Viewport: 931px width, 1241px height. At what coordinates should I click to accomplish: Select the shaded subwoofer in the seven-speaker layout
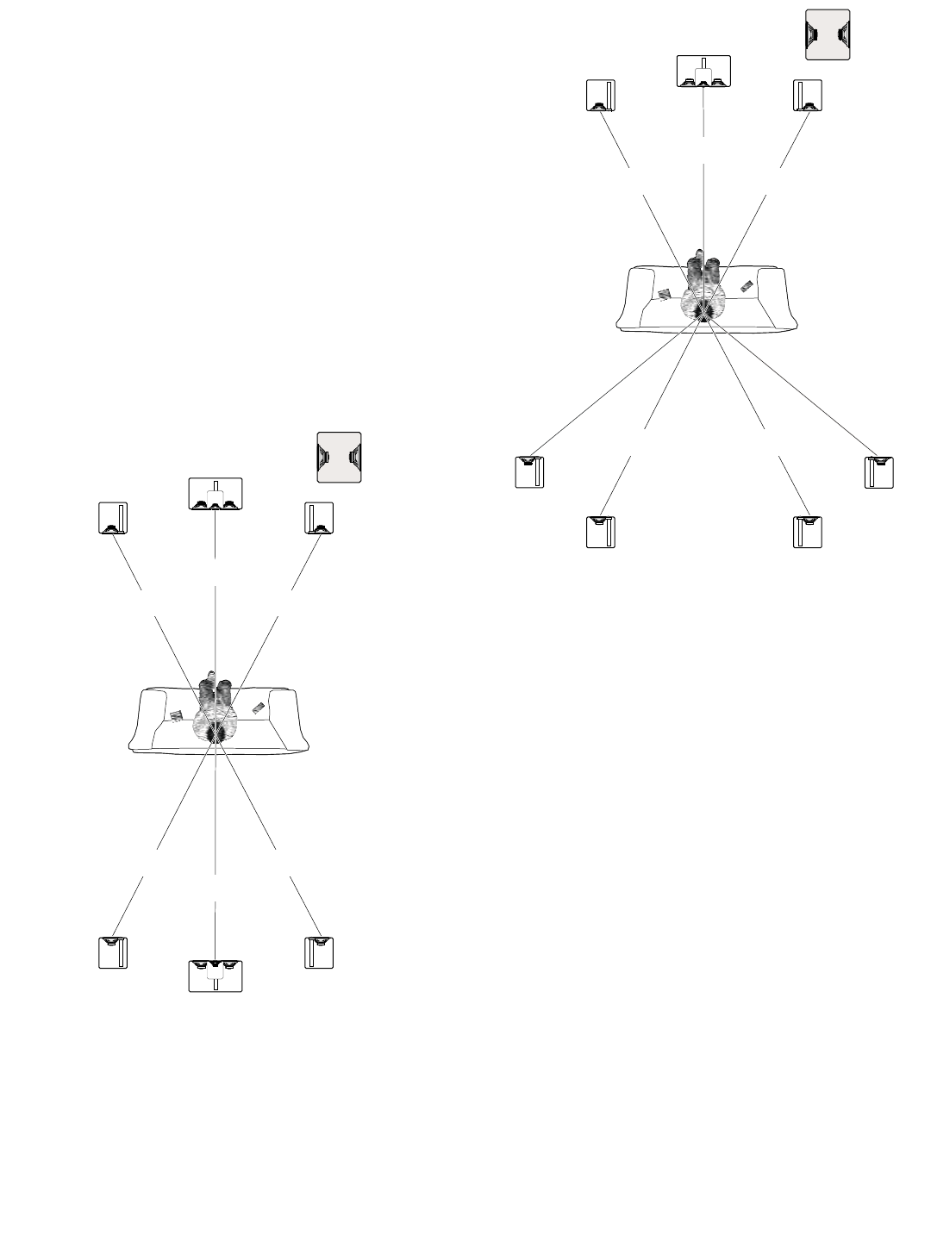pyautogui.click(x=828, y=34)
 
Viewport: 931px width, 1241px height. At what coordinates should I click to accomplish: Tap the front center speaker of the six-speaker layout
pyautogui.click(x=216, y=494)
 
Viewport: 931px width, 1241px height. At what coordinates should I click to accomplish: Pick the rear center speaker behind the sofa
pyautogui.click(x=216, y=975)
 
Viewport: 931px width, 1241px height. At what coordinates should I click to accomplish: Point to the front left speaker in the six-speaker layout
pyautogui.click(x=113, y=518)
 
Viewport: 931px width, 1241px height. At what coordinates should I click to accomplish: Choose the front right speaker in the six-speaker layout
pyautogui.click(x=320, y=518)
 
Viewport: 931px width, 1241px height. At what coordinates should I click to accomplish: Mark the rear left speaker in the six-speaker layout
pyautogui.click(x=113, y=952)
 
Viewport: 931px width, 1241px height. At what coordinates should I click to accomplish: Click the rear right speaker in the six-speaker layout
pyautogui.click(x=320, y=952)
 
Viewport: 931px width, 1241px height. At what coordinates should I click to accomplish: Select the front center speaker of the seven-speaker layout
pyautogui.click(x=703, y=72)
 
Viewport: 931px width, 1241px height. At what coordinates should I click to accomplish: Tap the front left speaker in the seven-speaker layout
pyautogui.click(x=601, y=95)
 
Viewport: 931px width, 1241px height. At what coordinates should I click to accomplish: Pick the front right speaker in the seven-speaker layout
pyautogui.click(x=808, y=95)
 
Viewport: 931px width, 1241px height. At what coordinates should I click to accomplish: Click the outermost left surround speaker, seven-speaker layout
pyautogui.click(x=529, y=472)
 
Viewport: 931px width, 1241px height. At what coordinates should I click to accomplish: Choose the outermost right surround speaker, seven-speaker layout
pyautogui.click(x=879, y=472)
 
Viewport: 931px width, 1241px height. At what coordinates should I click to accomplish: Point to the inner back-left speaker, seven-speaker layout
pyautogui.click(x=601, y=532)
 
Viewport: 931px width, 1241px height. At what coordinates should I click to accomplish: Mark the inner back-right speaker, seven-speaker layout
pyautogui.click(x=808, y=532)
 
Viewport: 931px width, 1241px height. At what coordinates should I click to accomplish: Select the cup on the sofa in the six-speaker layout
pyautogui.click(x=176, y=715)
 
